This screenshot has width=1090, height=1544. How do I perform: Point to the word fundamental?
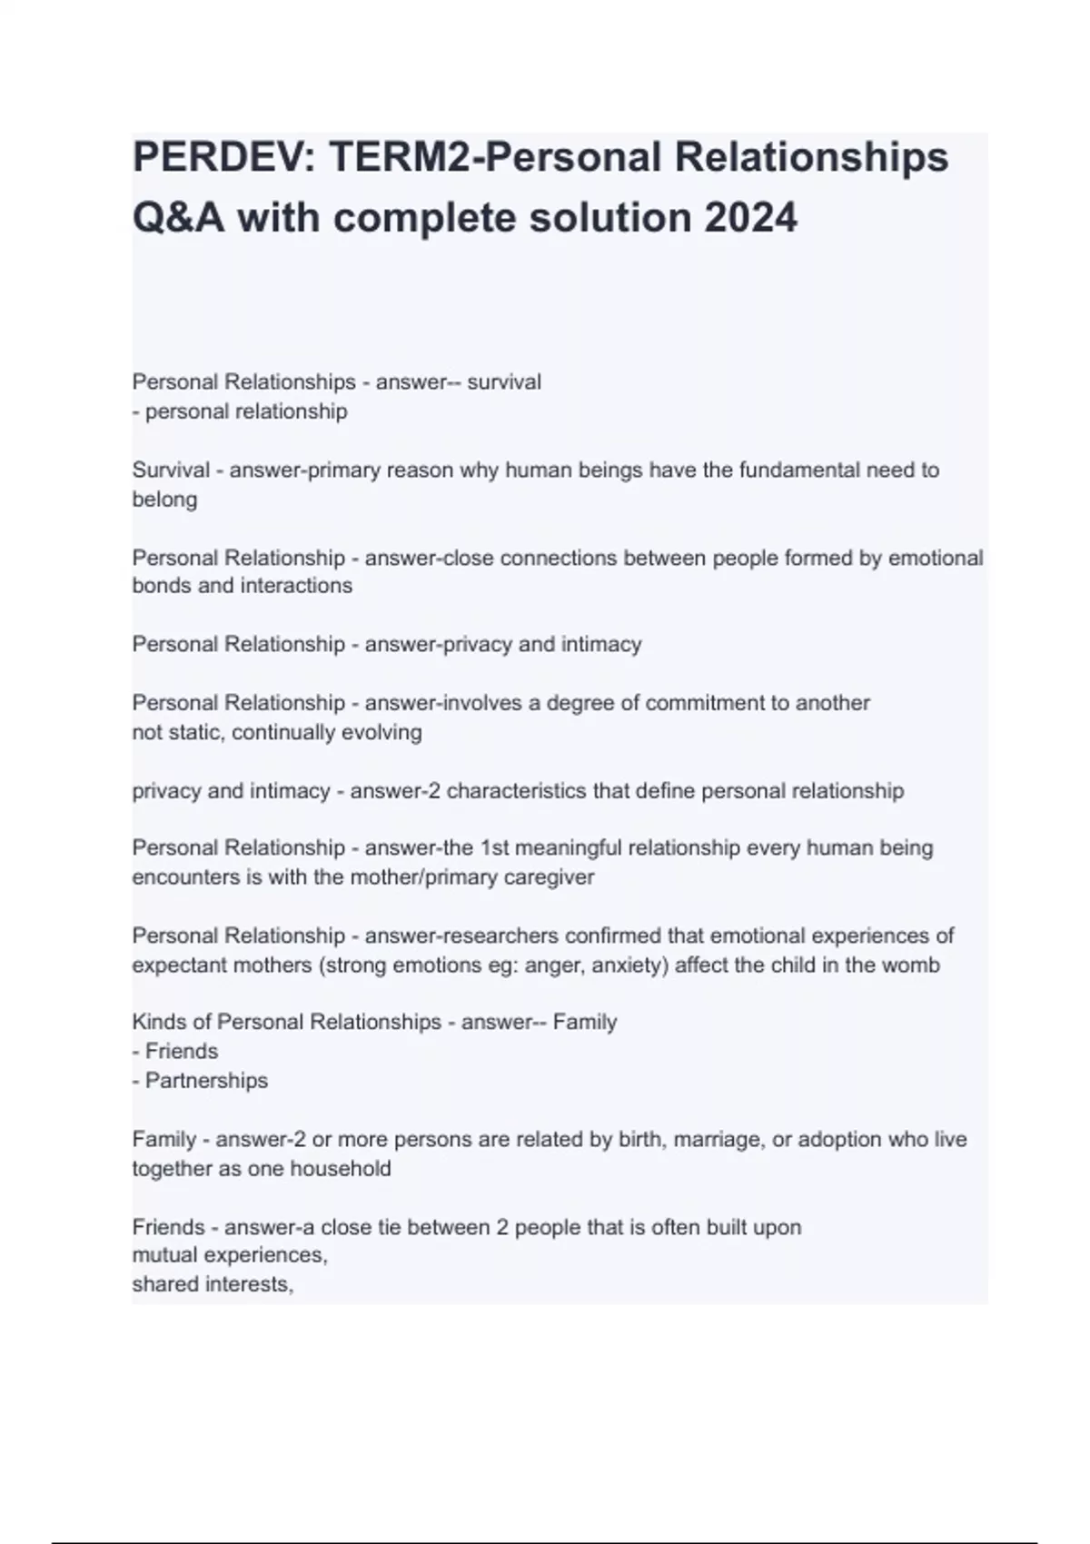[x=798, y=470]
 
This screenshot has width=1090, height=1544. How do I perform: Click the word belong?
[x=164, y=500]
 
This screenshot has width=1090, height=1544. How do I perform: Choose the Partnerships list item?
[x=206, y=1081]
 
